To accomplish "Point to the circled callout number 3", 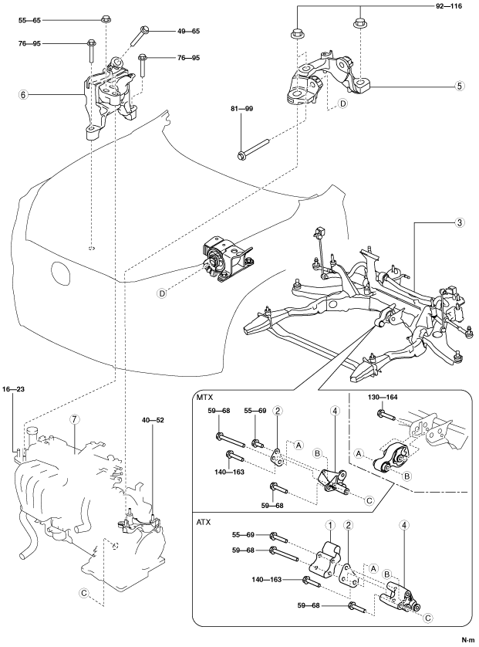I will (458, 223).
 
